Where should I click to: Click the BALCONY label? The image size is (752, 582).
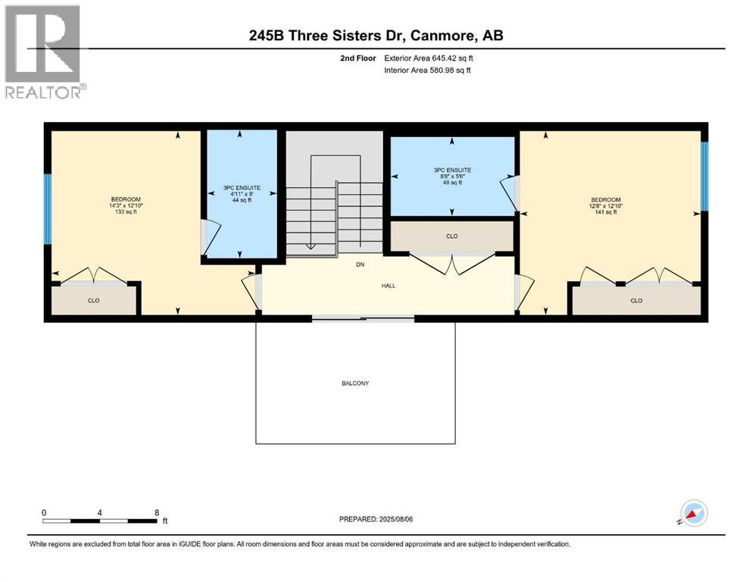click(354, 383)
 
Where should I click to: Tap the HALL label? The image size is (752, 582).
click(389, 286)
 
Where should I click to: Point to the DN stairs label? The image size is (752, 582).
click(360, 265)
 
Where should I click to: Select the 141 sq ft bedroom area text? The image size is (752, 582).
click(605, 212)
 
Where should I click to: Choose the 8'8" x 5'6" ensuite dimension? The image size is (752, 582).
click(452, 176)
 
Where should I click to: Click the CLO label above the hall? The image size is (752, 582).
click(451, 236)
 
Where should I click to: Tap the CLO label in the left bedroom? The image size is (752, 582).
click(94, 301)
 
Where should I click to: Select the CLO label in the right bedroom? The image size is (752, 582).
click(636, 301)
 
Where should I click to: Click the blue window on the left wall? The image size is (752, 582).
click(47, 209)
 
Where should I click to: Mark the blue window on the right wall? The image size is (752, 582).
click(704, 177)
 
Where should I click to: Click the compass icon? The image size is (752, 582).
click(693, 514)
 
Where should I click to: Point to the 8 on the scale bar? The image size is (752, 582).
click(157, 512)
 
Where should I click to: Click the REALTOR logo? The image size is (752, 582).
click(43, 52)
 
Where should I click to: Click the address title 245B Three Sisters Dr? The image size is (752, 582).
click(376, 35)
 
